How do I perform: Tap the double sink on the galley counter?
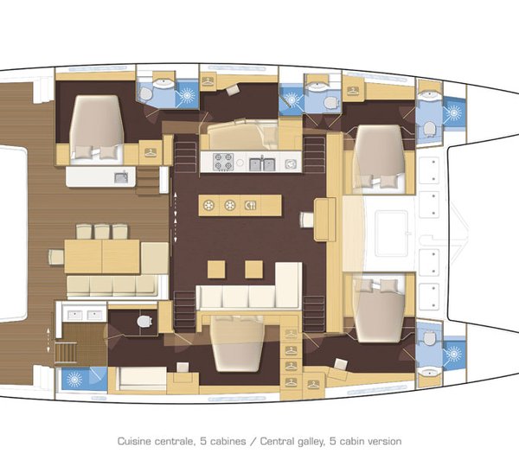[x=262, y=163]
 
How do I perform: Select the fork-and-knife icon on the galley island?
[x=250, y=205]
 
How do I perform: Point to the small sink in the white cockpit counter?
[x=119, y=177]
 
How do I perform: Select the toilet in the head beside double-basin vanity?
[x=143, y=322]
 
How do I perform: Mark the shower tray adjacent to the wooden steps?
[x=86, y=378]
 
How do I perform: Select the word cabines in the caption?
[x=228, y=440]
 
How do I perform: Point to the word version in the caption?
[x=383, y=440]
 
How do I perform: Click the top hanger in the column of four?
[x=291, y=335]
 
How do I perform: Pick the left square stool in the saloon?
[x=215, y=269]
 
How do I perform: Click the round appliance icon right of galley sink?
[x=292, y=162]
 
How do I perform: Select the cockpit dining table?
[x=102, y=256]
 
